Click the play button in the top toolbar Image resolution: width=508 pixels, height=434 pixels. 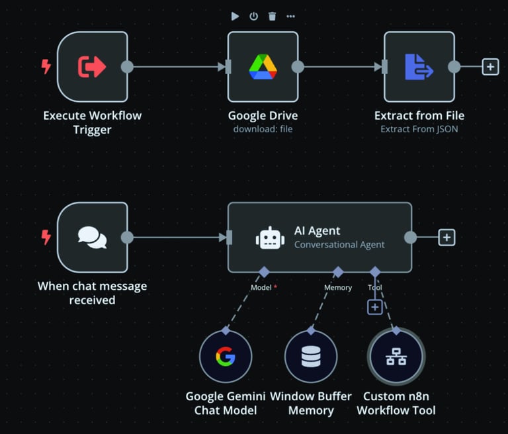tap(235, 17)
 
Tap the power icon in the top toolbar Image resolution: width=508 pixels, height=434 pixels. tap(253, 17)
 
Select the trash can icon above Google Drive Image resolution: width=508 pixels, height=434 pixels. tap(272, 17)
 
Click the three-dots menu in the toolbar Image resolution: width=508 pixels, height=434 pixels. tap(291, 17)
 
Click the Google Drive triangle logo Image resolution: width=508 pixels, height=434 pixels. tap(263, 67)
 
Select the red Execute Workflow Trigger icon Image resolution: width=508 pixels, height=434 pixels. tap(92, 67)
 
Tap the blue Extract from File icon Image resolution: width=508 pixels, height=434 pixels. tap(419, 67)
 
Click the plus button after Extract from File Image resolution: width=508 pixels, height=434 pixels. tap(490, 67)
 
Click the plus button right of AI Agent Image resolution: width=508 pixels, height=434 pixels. tap(446, 238)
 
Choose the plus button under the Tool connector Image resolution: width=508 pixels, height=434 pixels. tap(375, 307)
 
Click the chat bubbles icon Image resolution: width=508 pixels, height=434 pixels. tap(92, 238)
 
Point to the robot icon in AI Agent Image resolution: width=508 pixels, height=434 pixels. tap(270, 238)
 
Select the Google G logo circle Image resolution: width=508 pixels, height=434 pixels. tap(225, 357)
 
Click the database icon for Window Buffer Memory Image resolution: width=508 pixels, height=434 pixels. tap(310, 357)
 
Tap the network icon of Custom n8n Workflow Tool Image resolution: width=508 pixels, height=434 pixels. tap(396, 357)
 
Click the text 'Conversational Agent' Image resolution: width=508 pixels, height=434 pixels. tap(339, 245)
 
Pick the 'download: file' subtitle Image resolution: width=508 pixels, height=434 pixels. tap(263, 129)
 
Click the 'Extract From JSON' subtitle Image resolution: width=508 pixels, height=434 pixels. tap(419, 129)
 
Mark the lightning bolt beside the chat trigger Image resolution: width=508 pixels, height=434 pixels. tap(46, 238)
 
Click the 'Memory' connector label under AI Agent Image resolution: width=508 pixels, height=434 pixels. tap(338, 288)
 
